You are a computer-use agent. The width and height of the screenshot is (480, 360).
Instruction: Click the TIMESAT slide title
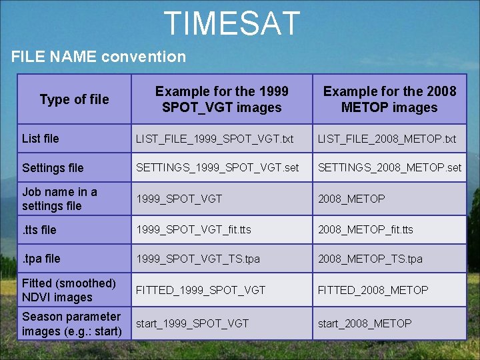pyautogui.click(x=232, y=23)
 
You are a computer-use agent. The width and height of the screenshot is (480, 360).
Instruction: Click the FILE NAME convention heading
pyautogui.click(x=99, y=57)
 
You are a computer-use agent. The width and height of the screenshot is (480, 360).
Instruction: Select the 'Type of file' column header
pyautogui.click(x=74, y=99)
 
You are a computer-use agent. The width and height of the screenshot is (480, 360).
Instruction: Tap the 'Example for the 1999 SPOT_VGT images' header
pyautogui.click(x=222, y=99)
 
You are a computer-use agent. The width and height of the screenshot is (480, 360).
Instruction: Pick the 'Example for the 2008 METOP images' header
pyautogui.click(x=389, y=99)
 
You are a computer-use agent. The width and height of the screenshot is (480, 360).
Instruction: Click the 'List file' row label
pyautogui.click(x=41, y=139)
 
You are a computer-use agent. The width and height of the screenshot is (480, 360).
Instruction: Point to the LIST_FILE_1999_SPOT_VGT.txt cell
pyautogui.click(x=215, y=139)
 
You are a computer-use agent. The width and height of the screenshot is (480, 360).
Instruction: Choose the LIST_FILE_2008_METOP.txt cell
pyautogui.click(x=387, y=139)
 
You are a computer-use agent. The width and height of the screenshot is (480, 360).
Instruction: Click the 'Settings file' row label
pyautogui.click(x=53, y=168)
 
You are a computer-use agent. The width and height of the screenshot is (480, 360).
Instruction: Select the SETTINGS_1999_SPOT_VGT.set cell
pyautogui.click(x=217, y=168)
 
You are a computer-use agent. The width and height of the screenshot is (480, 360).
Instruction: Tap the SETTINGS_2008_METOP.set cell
pyautogui.click(x=389, y=168)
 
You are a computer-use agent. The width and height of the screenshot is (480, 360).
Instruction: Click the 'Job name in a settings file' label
pyautogui.click(x=59, y=199)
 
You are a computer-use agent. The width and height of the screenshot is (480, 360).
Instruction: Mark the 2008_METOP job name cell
pyautogui.click(x=351, y=199)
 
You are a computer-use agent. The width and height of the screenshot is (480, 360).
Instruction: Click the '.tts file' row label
pyautogui.click(x=39, y=230)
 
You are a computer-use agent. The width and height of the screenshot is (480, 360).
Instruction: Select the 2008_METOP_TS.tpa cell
pyautogui.click(x=370, y=259)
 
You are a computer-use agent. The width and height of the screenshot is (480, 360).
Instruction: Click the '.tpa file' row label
pyautogui.click(x=41, y=259)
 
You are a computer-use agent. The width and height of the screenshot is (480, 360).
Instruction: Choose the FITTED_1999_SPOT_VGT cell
pyautogui.click(x=201, y=290)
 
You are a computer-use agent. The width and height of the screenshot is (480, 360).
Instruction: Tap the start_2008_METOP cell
pyautogui.click(x=365, y=323)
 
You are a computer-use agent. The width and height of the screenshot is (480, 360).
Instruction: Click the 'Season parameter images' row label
pyautogui.click(x=71, y=324)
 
